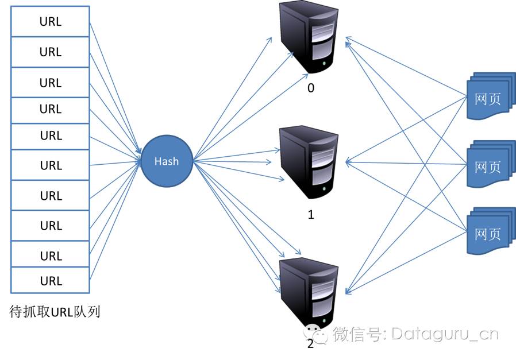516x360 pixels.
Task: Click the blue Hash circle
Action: point(167,161)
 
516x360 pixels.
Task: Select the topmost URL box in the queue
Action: point(51,22)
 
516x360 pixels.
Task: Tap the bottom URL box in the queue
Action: point(51,281)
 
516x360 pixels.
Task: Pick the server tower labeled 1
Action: point(309,162)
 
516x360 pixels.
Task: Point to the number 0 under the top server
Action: point(311,88)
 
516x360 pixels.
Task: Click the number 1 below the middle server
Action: point(311,215)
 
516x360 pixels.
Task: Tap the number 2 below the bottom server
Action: point(311,343)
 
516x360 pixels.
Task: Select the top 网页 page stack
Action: point(489,96)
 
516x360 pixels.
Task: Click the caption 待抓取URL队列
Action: point(55,312)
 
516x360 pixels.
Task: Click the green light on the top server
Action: point(326,63)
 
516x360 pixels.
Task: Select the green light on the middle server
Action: point(326,188)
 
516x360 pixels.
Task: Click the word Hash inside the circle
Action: point(167,161)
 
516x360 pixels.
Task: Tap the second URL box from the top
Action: point(51,52)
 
